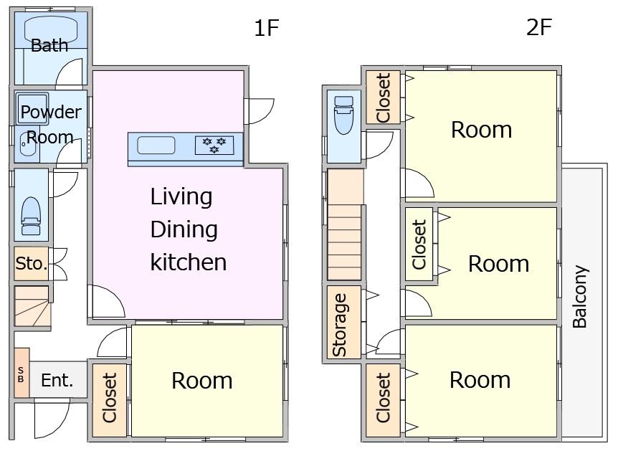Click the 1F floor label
(267, 27)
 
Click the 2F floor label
(539, 27)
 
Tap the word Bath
(49, 45)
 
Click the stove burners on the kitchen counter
(214, 145)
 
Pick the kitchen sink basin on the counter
(156, 145)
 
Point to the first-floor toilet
(31, 216)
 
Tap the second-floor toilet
(343, 115)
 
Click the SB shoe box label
(21, 374)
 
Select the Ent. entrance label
(57, 380)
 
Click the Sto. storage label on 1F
(32, 263)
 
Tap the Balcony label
(580, 296)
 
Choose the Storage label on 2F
(340, 326)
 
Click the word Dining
(184, 229)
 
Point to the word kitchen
(189, 262)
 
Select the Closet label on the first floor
(109, 398)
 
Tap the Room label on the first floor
(201, 381)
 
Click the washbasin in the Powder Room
(27, 144)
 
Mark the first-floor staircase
(32, 306)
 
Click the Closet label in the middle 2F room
(419, 244)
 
